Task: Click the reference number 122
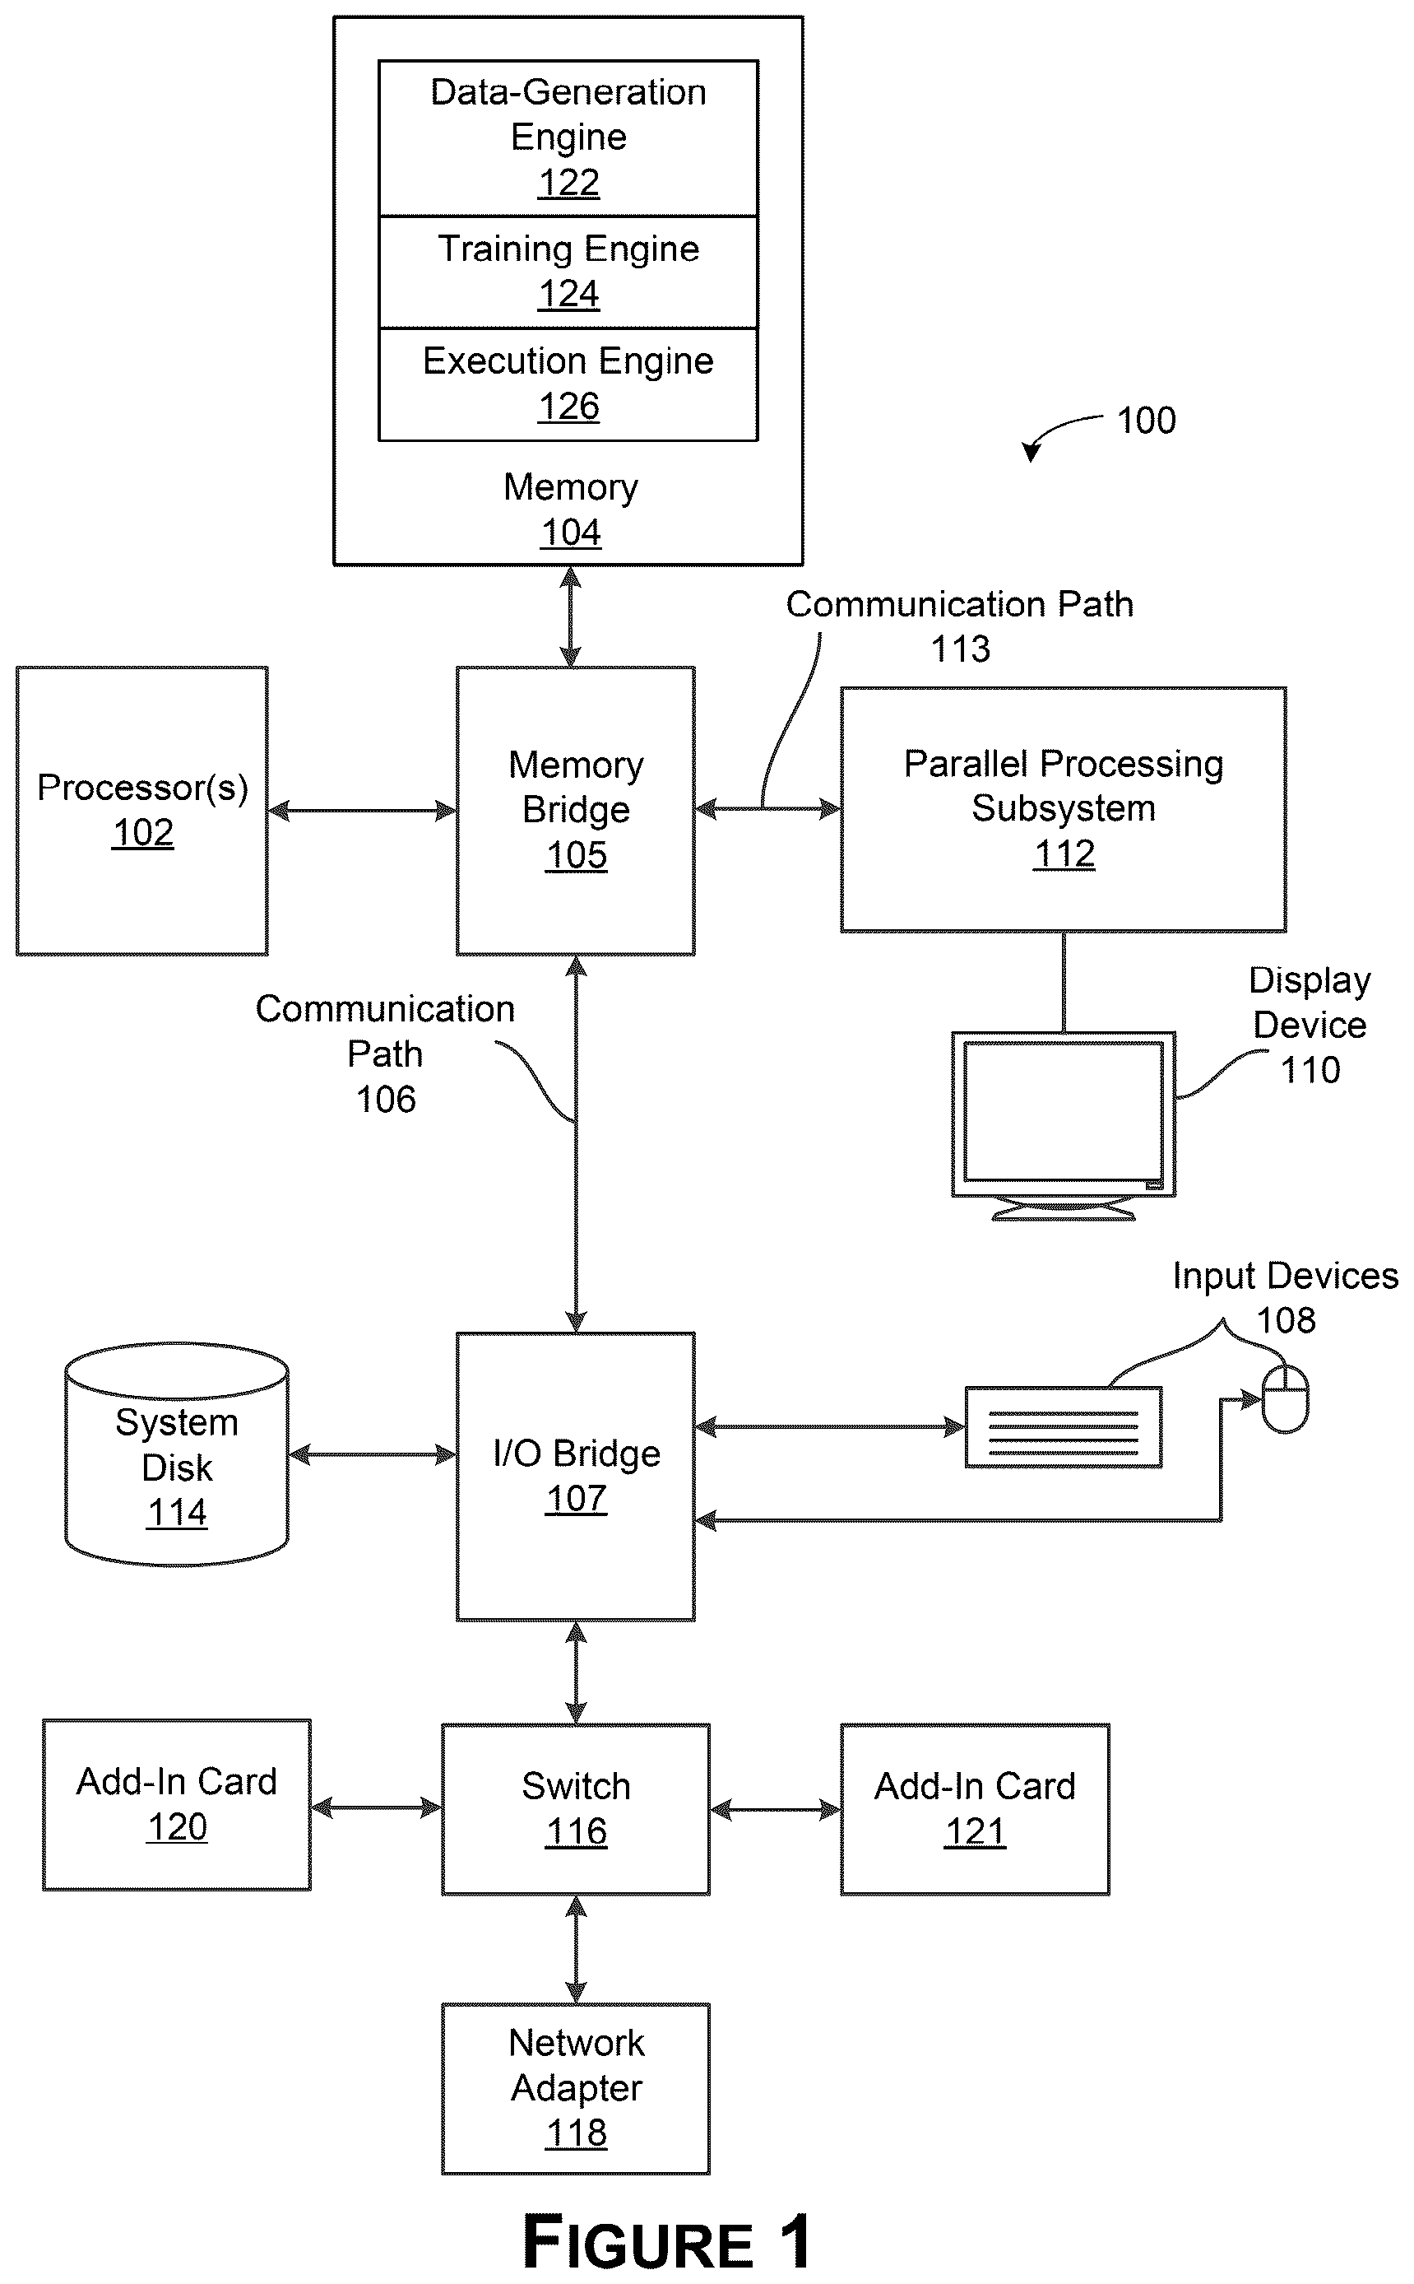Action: coord(568,183)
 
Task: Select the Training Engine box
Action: coord(568,272)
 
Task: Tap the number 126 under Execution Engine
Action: coord(568,406)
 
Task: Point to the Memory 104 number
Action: coord(571,533)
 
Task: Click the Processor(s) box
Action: coord(142,810)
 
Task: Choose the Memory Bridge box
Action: coord(575,810)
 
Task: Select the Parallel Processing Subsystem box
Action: coord(1064,809)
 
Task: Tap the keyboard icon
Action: coord(1064,1427)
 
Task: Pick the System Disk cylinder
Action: coord(177,1455)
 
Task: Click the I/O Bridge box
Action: coord(575,1477)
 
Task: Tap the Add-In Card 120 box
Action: coord(177,1805)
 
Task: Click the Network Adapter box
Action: coord(575,2088)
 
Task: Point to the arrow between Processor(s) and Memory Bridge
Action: coord(362,810)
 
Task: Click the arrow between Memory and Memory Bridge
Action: coord(571,616)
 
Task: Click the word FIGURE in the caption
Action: coord(637,2242)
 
